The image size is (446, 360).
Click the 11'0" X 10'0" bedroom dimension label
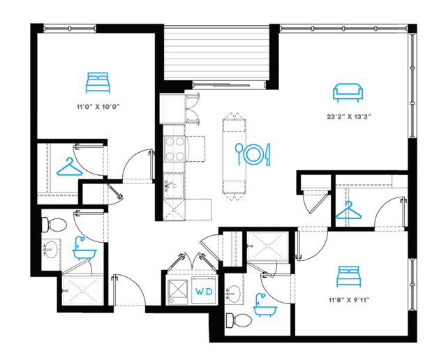click(98, 107)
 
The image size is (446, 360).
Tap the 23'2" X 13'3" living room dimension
click(349, 117)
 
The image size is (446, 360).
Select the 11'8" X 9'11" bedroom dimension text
click(349, 300)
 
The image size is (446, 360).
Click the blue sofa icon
click(348, 93)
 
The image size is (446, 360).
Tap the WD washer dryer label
click(204, 292)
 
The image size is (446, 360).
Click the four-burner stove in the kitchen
click(174, 149)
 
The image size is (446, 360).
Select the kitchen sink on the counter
click(174, 185)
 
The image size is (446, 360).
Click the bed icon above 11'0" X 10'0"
click(98, 83)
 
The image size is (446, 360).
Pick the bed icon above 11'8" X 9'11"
click(349, 276)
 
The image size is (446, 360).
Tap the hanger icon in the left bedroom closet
click(69, 167)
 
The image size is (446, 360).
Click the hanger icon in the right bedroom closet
click(348, 210)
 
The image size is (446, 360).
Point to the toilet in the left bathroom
click(54, 225)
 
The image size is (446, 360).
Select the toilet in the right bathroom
click(239, 320)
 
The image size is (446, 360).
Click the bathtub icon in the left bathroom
click(84, 248)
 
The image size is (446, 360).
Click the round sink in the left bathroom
click(51, 249)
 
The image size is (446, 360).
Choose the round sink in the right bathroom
click(234, 294)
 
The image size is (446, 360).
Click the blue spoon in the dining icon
click(239, 154)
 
